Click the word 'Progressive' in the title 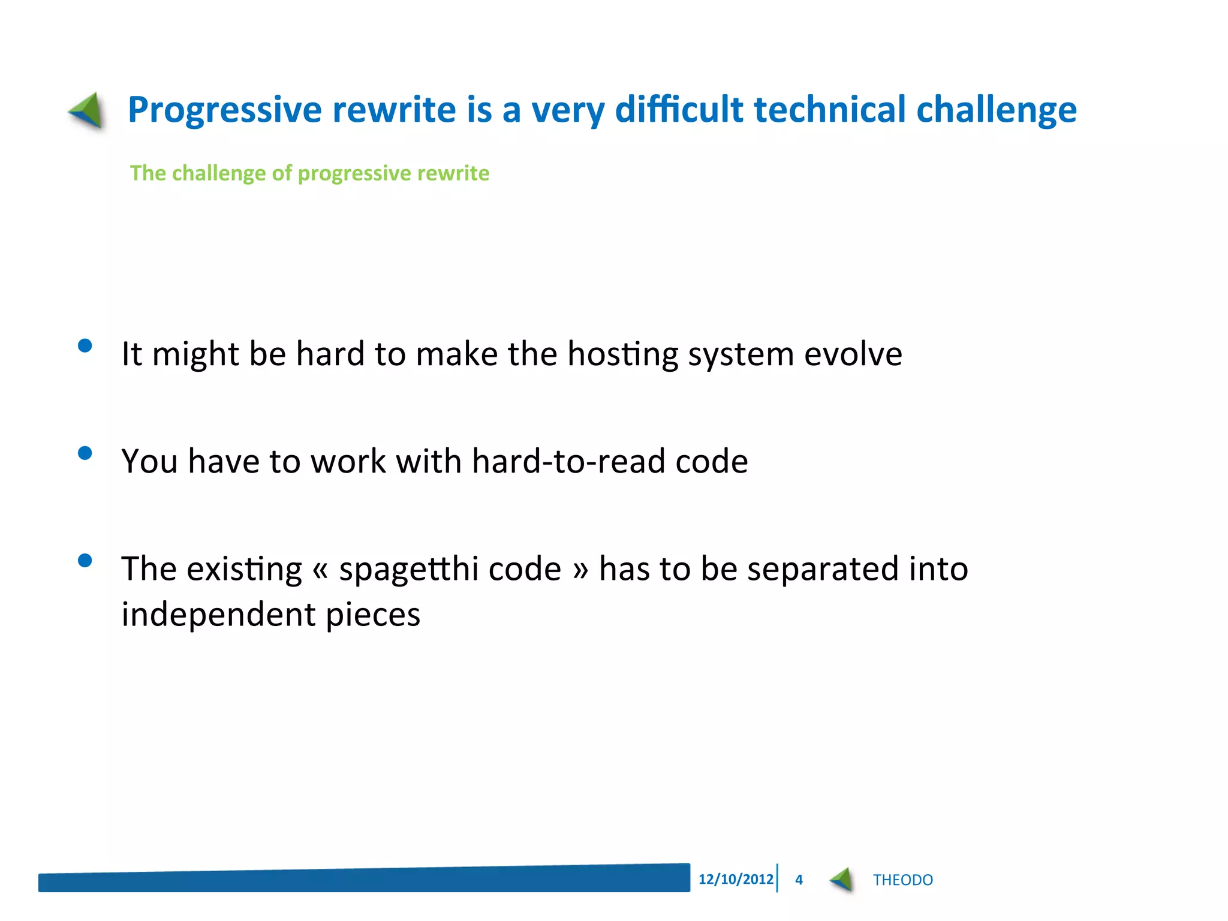[225, 110]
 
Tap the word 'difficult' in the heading [679, 110]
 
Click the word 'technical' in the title [829, 110]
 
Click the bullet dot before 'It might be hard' [85, 345]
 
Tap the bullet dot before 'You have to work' [85, 453]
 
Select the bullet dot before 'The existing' [85, 560]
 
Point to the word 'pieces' [372, 615]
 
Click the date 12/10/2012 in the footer [735, 879]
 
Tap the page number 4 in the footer [799, 880]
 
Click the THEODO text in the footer [902, 880]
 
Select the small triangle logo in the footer [842, 880]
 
